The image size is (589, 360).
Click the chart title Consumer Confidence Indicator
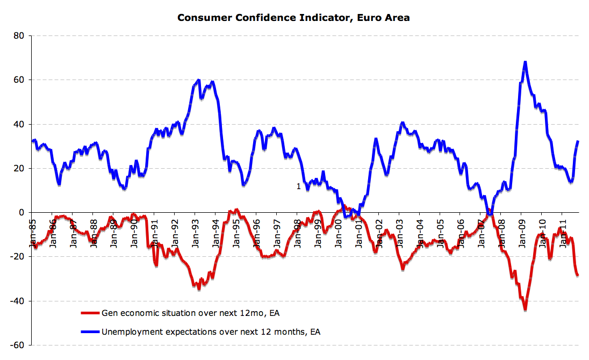pyautogui.click(x=293, y=18)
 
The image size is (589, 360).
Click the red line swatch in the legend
pyautogui.click(x=90, y=313)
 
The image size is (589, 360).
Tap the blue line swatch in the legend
pyautogui.click(x=90, y=332)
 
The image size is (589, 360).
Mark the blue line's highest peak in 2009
pyautogui.click(x=525, y=62)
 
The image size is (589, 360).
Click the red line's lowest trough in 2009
pyautogui.click(x=525, y=309)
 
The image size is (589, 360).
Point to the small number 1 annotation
pyautogui.click(x=299, y=186)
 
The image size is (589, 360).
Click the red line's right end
pyautogui.click(x=578, y=275)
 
